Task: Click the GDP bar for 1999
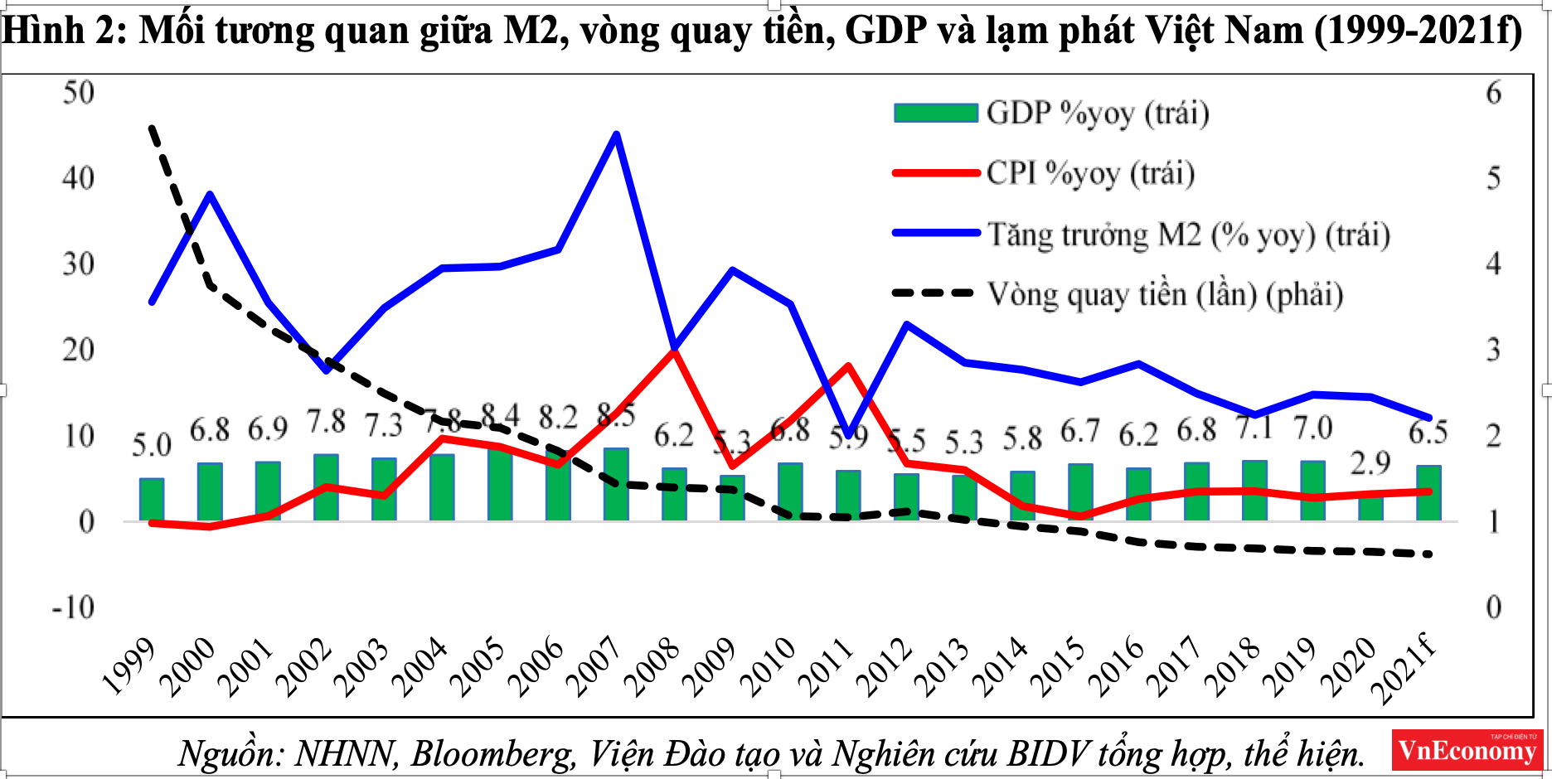[152, 500]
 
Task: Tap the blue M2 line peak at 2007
[616, 134]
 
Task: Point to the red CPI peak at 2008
[674, 351]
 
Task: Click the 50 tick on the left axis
[79, 93]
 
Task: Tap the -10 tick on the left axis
[74, 608]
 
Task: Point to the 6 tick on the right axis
[1494, 93]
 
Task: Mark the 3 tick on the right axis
[1494, 351]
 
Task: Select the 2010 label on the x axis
[767, 668]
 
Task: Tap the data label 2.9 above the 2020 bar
[1370, 463]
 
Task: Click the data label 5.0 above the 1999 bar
[152, 446]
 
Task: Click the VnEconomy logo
[1466, 750]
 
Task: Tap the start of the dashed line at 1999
[152, 127]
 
